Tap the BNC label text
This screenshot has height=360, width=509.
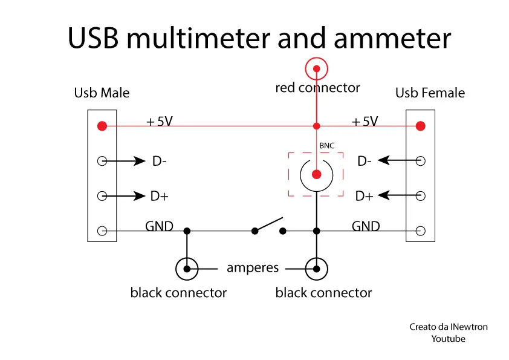pyautogui.click(x=326, y=146)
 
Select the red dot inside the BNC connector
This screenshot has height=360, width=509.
pyautogui.click(x=317, y=174)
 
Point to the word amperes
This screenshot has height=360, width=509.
pyautogui.click(x=253, y=268)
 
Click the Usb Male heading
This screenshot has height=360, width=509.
pyautogui.click(x=102, y=93)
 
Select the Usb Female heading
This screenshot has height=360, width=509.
pyautogui.click(x=430, y=93)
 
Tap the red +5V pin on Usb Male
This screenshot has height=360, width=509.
pyautogui.click(x=102, y=126)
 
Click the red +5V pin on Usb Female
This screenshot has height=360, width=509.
pyautogui.click(x=420, y=126)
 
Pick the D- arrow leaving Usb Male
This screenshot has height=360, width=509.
pyautogui.click(x=124, y=161)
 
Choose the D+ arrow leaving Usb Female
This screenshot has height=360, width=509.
pyautogui.click(x=399, y=195)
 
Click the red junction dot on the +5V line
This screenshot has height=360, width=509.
pyautogui.click(x=317, y=126)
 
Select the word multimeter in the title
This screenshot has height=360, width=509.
pyautogui.click(x=198, y=38)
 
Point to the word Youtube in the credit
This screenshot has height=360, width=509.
pyautogui.click(x=449, y=339)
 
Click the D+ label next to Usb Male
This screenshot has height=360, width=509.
pyautogui.click(x=160, y=196)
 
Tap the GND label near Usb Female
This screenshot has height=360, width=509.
pyautogui.click(x=366, y=226)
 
